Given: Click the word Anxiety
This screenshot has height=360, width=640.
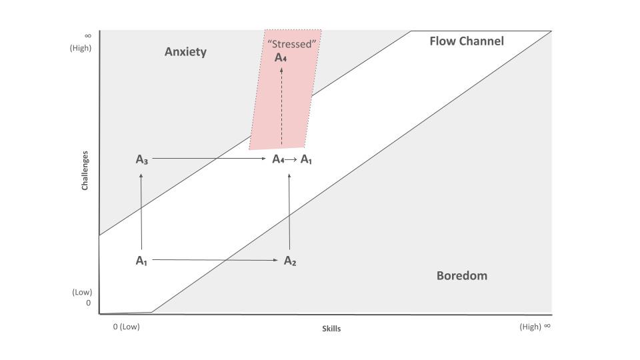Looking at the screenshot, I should pyautogui.click(x=185, y=52).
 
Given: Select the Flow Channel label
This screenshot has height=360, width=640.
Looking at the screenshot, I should pyautogui.click(x=467, y=41).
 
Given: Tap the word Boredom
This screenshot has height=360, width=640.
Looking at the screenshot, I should pyautogui.click(x=461, y=275).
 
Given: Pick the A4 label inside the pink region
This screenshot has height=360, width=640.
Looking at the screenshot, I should pyautogui.click(x=282, y=57).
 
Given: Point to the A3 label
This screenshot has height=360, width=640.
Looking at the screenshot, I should pyautogui.click(x=141, y=159).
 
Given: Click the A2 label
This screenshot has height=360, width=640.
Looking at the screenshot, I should pyautogui.click(x=290, y=261).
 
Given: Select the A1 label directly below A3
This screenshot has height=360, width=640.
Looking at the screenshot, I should pyautogui.click(x=141, y=261).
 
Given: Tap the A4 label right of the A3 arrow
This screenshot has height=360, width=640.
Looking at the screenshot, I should pyautogui.click(x=279, y=159).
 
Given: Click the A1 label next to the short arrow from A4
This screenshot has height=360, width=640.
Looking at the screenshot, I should pyautogui.click(x=306, y=159).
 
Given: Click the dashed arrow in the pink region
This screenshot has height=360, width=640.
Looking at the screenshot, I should pyautogui.click(x=281, y=107).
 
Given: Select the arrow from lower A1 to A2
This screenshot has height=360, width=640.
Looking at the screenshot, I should pyautogui.click(x=213, y=261).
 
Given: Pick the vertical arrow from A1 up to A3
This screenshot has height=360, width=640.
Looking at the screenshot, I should pyautogui.click(x=141, y=210).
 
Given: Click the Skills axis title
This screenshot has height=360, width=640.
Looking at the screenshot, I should pyautogui.click(x=331, y=329).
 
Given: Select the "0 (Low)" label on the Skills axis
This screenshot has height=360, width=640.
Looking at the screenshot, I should pyautogui.click(x=127, y=327).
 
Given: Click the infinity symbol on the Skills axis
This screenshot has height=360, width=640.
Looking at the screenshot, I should pyautogui.click(x=547, y=326).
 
